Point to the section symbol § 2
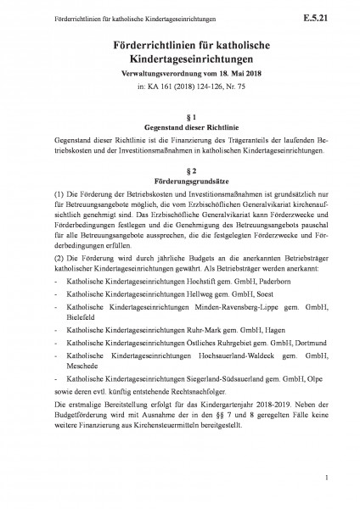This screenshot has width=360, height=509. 179,170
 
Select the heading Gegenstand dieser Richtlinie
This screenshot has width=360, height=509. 179,126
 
